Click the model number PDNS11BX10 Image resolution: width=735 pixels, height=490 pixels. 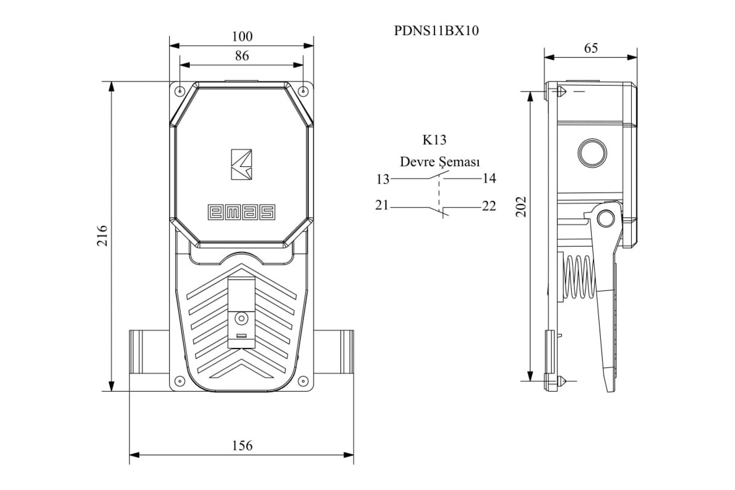click(x=436, y=31)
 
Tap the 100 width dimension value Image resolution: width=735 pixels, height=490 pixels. click(x=242, y=36)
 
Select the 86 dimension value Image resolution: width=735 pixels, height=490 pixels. click(x=242, y=56)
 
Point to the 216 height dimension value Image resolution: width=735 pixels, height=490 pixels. click(x=102, y=236)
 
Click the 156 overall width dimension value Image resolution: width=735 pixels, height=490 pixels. click(x=242, y=446)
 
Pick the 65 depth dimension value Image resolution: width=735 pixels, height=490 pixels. click(x=591, y=48)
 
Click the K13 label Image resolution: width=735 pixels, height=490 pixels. click(x=434, y=140)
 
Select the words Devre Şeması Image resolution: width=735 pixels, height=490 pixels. click(x=440, y=162)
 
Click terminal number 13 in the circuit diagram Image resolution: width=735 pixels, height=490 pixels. click(x=383, y=179)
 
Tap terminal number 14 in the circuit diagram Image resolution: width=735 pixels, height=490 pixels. click(x=489, y=178)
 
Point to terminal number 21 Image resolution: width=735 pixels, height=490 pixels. click(x=382, y=205)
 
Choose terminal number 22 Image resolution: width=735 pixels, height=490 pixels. click(x=489, y=206)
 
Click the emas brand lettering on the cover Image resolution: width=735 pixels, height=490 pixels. click(x=242, y=212)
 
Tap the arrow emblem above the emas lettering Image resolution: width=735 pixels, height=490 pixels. click(x=241, y=164)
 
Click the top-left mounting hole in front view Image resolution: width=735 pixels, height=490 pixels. click(x=180, y=91)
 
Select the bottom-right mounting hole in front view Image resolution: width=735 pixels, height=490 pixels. click(x=303, y=381)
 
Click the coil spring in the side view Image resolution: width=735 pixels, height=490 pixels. click(x=580, y=277)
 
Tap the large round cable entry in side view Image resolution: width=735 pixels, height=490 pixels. click(x=592, y=153)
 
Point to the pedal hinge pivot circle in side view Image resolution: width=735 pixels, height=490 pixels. click(x=606, y=218)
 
